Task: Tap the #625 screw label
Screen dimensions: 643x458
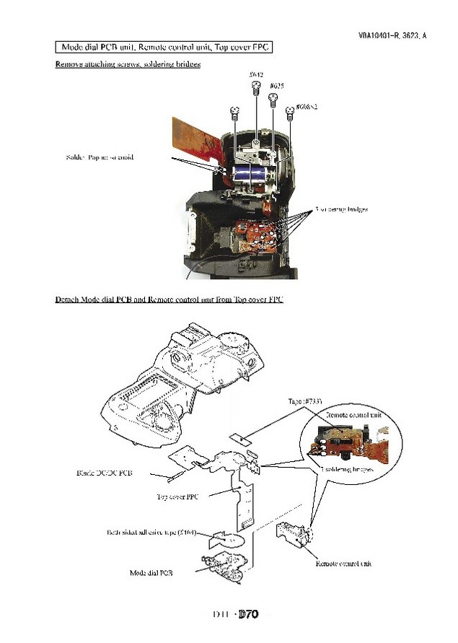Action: click(276, 85)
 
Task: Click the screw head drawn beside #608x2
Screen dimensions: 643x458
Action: click(290, 111)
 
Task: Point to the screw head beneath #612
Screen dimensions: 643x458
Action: click(255, 87)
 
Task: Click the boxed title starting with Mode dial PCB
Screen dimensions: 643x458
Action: click(164, 47)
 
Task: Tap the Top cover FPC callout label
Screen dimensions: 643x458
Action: click(177, 497)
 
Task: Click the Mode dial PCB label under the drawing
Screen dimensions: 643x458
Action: click(151, 572)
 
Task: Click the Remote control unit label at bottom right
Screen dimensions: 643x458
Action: click(343, 563)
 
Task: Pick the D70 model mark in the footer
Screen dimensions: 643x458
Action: click(248, 615)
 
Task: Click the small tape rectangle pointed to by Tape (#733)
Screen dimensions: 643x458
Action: click(239, 439)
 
